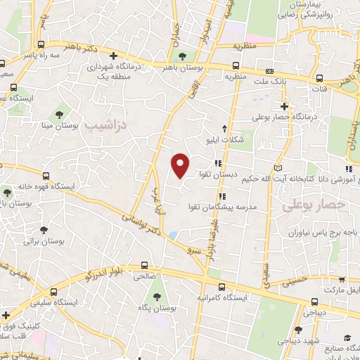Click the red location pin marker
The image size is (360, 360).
pyautogui.click(x=181, y=165)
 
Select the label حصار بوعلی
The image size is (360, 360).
pyautogui.click(x=305, y=205)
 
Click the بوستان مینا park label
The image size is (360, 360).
pyautogui.click(x=58, y=126)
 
